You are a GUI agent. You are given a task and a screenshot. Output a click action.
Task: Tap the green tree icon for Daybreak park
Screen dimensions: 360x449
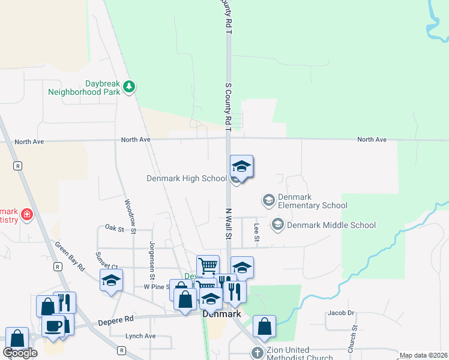click(128, 88)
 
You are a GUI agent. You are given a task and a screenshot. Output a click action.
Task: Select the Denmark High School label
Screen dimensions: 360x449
click(187, 178)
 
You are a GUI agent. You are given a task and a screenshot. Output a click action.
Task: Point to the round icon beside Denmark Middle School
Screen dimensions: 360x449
click(277, 225)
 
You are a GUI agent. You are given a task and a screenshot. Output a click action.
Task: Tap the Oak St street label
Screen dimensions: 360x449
click(114, 228)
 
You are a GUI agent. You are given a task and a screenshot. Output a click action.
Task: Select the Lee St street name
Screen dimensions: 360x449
click(256, 233)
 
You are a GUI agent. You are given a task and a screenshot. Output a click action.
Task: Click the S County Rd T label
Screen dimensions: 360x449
click(228, 104)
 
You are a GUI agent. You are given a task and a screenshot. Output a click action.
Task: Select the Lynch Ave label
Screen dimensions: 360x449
click(140, 336)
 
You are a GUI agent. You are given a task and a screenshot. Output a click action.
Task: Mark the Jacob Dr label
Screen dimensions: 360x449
click(341, 313)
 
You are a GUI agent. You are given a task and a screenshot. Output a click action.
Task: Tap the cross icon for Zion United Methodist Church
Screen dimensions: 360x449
click(258, 353)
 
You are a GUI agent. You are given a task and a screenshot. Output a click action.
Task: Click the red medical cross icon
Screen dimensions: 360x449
click(26, 215)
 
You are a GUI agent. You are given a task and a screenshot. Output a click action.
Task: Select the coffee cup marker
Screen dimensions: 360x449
click(53, 325)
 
